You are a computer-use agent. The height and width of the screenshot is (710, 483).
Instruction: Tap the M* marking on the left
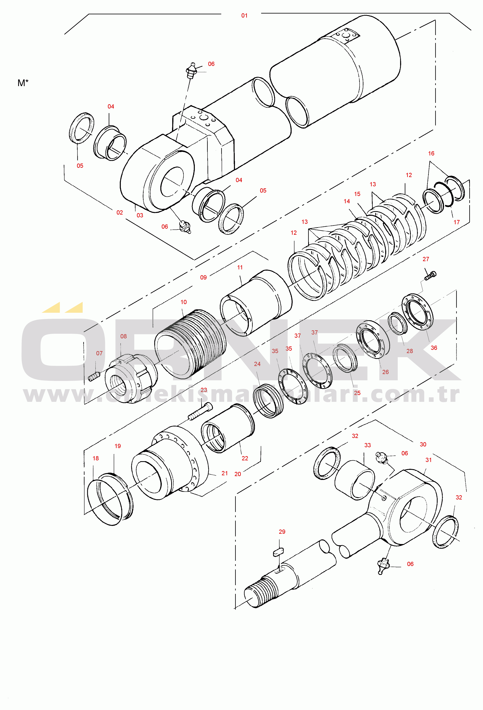click(23, 83)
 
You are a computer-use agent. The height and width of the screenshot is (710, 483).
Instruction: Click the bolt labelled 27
click(430, 275)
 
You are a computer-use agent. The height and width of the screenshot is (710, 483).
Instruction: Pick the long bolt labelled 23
click(200, 411)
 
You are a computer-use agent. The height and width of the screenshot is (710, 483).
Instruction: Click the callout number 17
click(456, 222)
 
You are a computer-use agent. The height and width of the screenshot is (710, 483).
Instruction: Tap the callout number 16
click(431, 153)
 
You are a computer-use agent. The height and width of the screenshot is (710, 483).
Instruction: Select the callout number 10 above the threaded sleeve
click(183, 302)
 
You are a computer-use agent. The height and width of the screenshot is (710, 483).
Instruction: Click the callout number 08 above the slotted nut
click(123, 336)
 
